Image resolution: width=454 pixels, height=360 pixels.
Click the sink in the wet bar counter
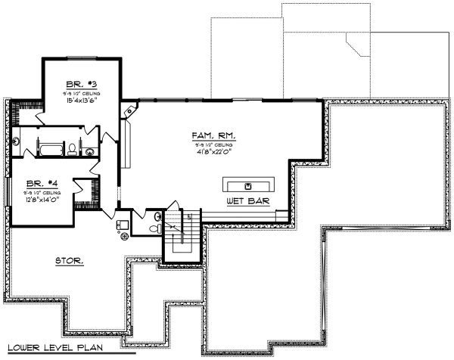click(248, 185)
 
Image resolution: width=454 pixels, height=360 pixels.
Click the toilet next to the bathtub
click(72, 149)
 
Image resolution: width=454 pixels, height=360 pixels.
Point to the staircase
click(182, 231)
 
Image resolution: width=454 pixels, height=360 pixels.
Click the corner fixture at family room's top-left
click(129, 112)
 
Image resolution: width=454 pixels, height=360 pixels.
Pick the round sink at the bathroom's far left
click(17, 142)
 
